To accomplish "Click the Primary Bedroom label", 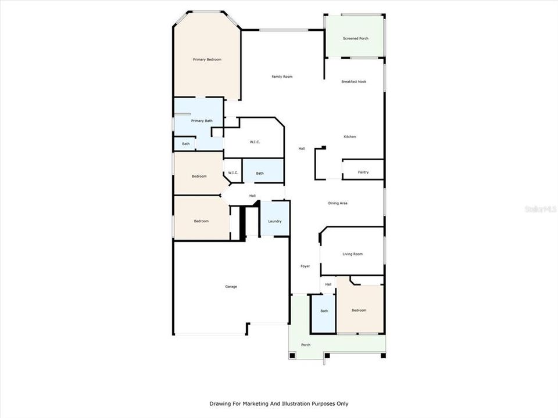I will click(x=207, y=60).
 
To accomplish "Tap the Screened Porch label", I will click(x=355, y=38).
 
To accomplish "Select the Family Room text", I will click(x=282, y=77).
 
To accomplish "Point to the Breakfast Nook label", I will click(x=353, y=82).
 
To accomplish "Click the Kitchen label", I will click(x=349, y=136).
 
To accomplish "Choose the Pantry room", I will click(x=363, y=172).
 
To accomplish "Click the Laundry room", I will click(x=275, y=221).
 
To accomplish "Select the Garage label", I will click(x=231, y=286).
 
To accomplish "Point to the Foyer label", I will click(x=305, y=266).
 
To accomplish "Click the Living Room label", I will click(x=352, y=254).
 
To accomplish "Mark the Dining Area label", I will click(x=338, y=203).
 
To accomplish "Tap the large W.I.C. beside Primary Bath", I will click(x=255, y=142).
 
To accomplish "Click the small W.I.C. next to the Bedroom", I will click(x=233, y=172).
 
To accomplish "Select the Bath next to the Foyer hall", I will click(x=324, y=311).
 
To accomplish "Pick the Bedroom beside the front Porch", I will click(x=359, y=310).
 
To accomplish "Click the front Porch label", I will click(x=305, y=345).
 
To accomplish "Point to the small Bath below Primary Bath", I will click(x=185, y=144).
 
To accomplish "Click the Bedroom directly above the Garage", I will click(x=201, y=221).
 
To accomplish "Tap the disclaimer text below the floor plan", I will click(x=279, y=403).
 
